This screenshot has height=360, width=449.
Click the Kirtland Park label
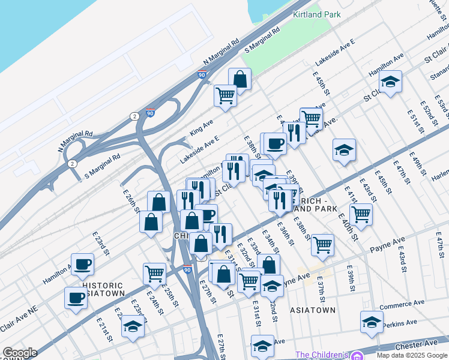pyautogui.click(x=316, y=14)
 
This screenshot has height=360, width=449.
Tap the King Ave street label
pyautogui.click(x=202, y=127)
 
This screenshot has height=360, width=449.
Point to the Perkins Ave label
pyautogui.click(x=402, y=323)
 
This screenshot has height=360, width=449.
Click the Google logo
pyautogui.click(x=20, y=353)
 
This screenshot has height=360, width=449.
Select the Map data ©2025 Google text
pyautogui.click(x=412, y=355)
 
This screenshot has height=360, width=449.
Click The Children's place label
pyautogui.click(x=322, y=355)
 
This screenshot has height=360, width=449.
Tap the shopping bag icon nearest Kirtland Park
pyautogui.click(x=240, y=79)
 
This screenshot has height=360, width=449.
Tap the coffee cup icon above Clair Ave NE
pyautogui.click(x=76, y=297)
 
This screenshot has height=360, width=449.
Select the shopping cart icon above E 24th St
pyautogui.click(x=155, y=273)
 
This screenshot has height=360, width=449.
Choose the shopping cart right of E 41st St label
pyautogui.click(x=361, y=214)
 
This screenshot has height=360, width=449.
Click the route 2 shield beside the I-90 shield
pyautogui.click(x=134, y=115)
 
